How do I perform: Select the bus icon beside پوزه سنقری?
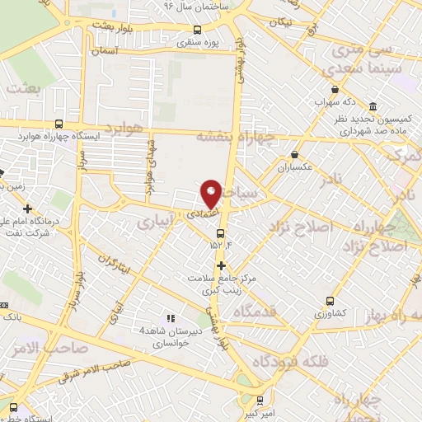click(195, 30)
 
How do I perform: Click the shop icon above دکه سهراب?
click(334, 91)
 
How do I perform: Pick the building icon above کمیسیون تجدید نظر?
click(373, 108)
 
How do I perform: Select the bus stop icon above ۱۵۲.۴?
click(219, 232)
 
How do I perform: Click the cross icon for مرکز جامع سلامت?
click(221, 265)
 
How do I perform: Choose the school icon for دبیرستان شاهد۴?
click(171, 318)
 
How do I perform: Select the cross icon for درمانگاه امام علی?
click(29, 209)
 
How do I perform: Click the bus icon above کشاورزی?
click(331, 302)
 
